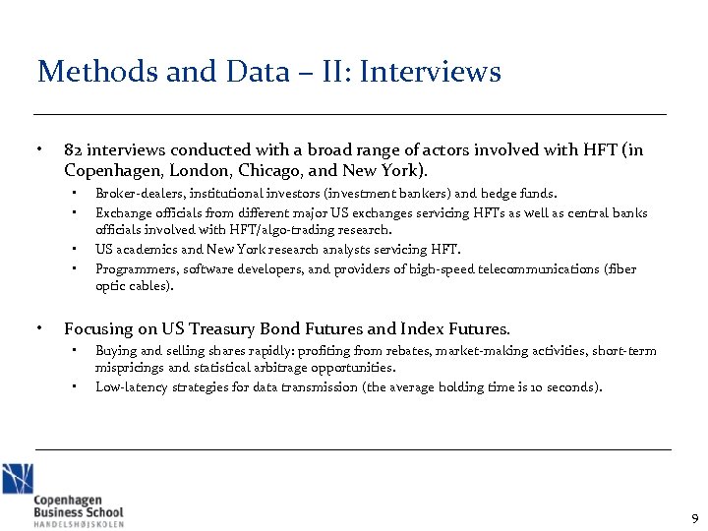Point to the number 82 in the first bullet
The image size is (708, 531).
coord(73,150)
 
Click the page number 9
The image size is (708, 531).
coord(694,518)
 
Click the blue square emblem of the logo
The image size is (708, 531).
coord(18,478)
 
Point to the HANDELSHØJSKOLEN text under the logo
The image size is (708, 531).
coord(79,524)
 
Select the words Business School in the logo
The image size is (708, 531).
coord(79,511)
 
